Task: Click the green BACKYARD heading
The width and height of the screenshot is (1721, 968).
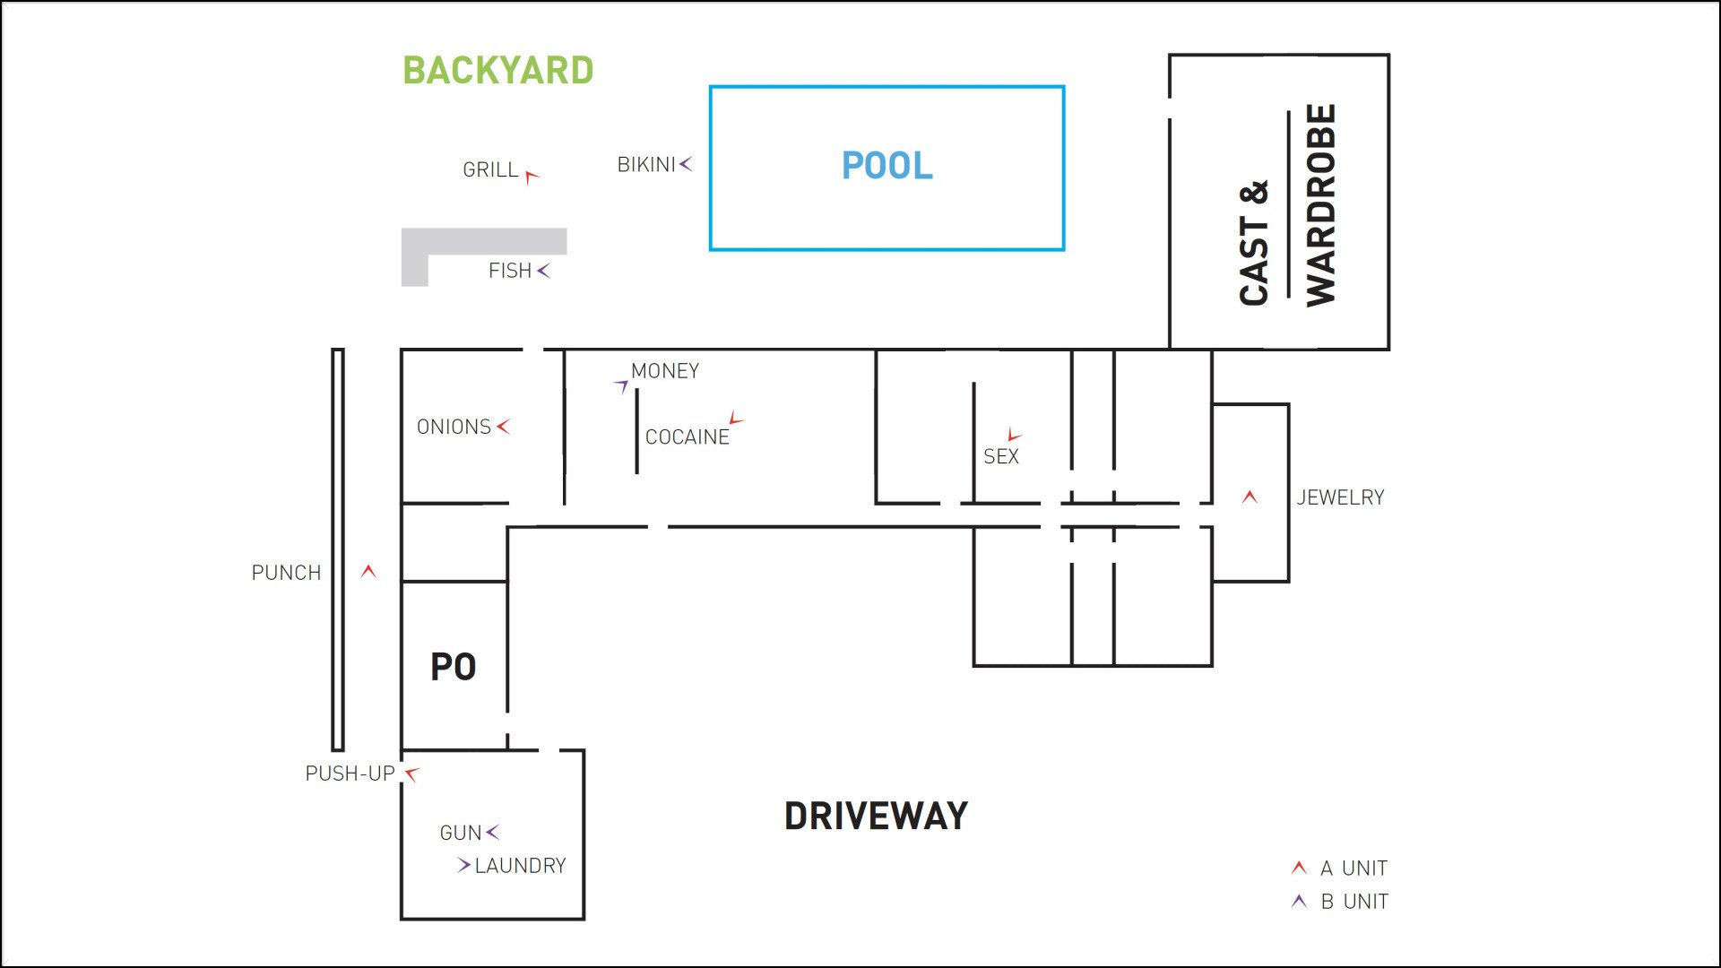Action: pos(497,71)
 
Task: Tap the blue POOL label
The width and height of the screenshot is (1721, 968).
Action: pos(886,166)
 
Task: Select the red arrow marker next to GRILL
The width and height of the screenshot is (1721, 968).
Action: pos(532,177)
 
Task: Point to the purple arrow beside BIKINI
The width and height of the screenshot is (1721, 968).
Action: pos(686,164)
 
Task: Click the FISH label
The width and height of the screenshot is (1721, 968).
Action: pos(510,271)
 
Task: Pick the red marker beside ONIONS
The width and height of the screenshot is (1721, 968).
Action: pos(503,427)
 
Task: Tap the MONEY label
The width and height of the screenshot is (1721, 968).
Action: pos(665,371)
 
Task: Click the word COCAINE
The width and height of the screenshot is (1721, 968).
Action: pos(688,437)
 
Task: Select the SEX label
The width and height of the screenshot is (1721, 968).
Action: pos(1001,457)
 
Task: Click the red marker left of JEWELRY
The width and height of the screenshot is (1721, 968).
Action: pos(1250,497)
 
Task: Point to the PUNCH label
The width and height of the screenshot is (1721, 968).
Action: pos(286,573)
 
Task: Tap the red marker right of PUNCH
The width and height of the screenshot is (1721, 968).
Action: pos(368,571)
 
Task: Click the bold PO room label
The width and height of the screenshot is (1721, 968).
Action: pos(454,667)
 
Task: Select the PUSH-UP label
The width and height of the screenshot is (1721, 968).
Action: pos(350,774)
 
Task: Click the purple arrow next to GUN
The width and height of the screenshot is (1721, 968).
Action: pos(492,833)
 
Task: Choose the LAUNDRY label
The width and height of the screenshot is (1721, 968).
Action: pos(520,866)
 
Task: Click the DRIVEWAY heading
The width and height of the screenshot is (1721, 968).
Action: pos(876,817)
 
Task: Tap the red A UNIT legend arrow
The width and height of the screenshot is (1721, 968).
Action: pos(1299,868)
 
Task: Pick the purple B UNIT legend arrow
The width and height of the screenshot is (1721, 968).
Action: pos(1299,901)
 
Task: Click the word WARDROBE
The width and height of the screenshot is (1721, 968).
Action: pos(1321,205)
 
